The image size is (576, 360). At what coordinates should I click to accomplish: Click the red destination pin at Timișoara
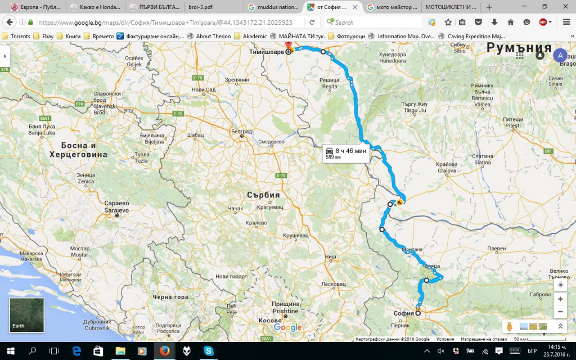(289, 46)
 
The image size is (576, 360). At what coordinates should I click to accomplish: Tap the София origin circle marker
(418, 313)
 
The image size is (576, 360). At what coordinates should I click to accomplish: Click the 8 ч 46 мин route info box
(345, 153)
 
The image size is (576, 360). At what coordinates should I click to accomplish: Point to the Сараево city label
(117, 205)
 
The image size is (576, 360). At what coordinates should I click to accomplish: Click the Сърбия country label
(263, 195)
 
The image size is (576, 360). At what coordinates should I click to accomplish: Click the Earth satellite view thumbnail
(26, 315)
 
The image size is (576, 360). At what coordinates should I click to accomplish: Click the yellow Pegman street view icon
(509, 326)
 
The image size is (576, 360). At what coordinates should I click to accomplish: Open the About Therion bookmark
(209, 36)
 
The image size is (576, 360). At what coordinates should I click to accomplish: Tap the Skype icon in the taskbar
(209, 350)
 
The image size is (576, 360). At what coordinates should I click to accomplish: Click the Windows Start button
(10, 350)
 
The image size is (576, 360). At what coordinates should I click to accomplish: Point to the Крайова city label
(446, 166)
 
